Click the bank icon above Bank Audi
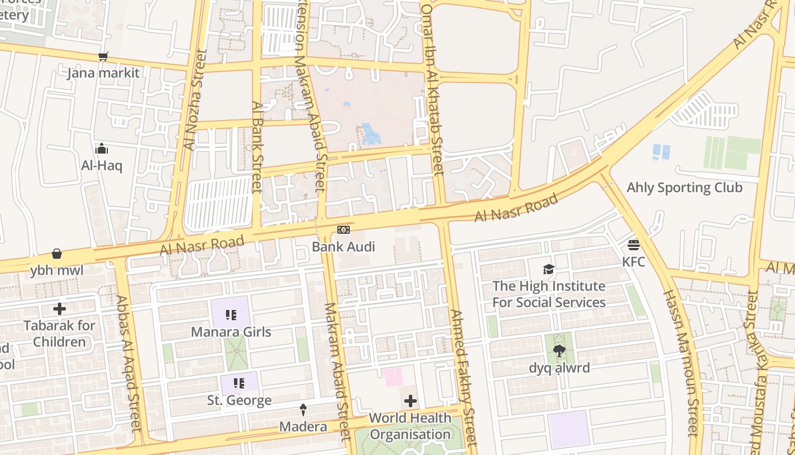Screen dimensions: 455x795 343,230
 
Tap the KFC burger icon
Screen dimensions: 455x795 634,245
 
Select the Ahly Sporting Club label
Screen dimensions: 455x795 684,188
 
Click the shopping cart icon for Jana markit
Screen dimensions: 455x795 103,56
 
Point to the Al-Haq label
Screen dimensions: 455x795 102,166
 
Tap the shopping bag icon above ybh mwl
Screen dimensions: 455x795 57,254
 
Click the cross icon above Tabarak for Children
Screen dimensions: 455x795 59,309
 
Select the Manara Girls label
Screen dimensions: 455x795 231,332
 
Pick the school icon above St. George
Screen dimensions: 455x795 238,383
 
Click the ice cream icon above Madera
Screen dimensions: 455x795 303,410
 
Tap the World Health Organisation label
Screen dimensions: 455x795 409,426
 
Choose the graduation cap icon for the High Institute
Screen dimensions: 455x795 549,269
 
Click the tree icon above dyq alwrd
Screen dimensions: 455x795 559,351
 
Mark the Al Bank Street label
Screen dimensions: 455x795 257,147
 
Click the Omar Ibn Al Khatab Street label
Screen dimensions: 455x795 432,85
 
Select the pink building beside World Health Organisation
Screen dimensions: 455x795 392,377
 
